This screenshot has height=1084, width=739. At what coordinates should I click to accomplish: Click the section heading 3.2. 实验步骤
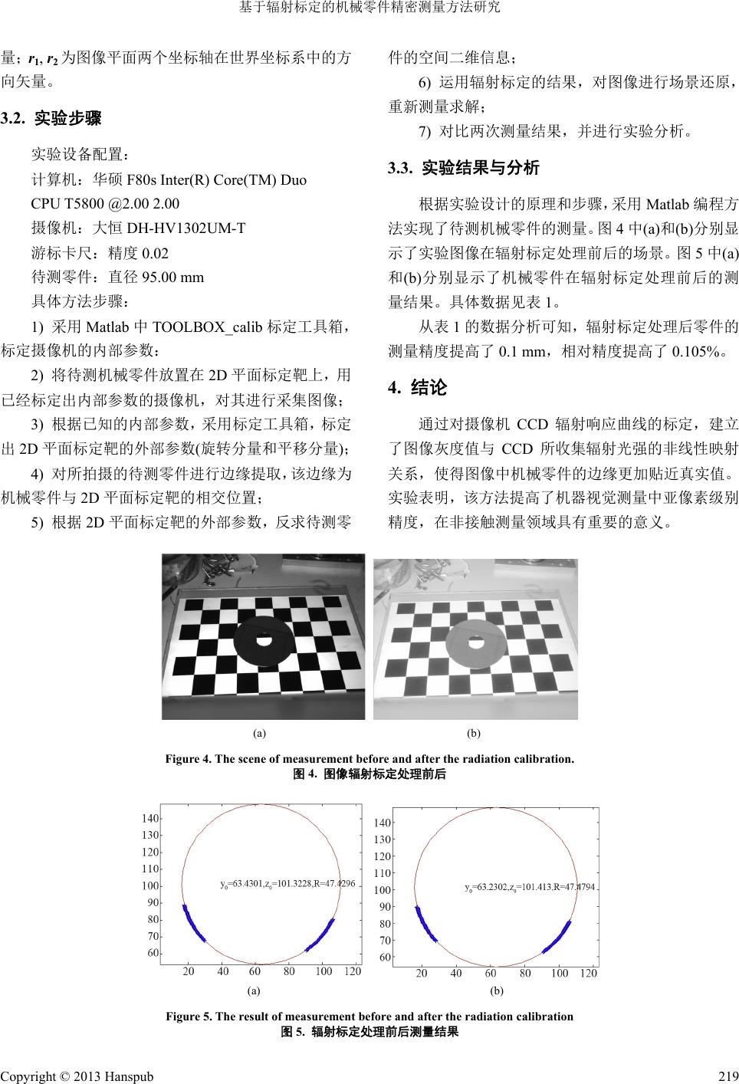pyautogui.click(x=51, y=119)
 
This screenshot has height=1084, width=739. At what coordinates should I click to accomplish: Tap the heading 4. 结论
pyautogui.click(x=418, y=388)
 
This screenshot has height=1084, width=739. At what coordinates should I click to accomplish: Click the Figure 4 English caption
pyautogui.click(x=369, y=759)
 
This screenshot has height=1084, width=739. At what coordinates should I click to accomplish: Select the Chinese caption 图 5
pyautogui.click(x=370, y=1031)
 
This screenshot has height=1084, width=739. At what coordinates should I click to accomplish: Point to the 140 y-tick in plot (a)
pyautogui.click(x=150, y=819)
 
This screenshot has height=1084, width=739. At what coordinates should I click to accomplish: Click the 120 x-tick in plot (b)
pyautogui.click(x=588, y=973)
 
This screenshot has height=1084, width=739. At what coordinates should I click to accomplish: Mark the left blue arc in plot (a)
pyautogui.click(x=191, y=925)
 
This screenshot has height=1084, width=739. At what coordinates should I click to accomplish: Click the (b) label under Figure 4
pyautogui.click(x=475, y=733)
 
